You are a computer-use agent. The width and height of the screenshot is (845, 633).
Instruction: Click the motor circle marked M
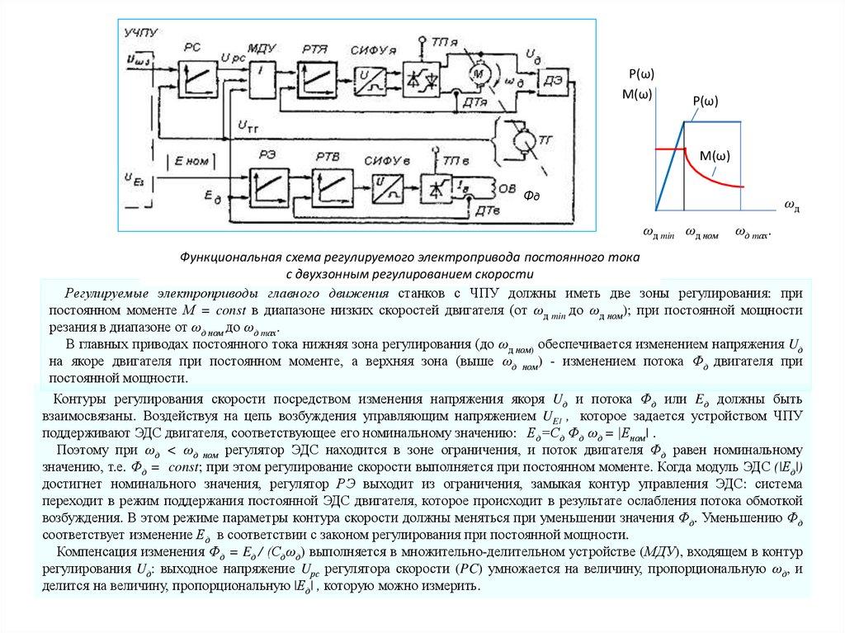(478, 74)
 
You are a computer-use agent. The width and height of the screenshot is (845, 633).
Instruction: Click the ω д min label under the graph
(659, 233)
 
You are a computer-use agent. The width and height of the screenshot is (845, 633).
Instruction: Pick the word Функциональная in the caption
(228, 258)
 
